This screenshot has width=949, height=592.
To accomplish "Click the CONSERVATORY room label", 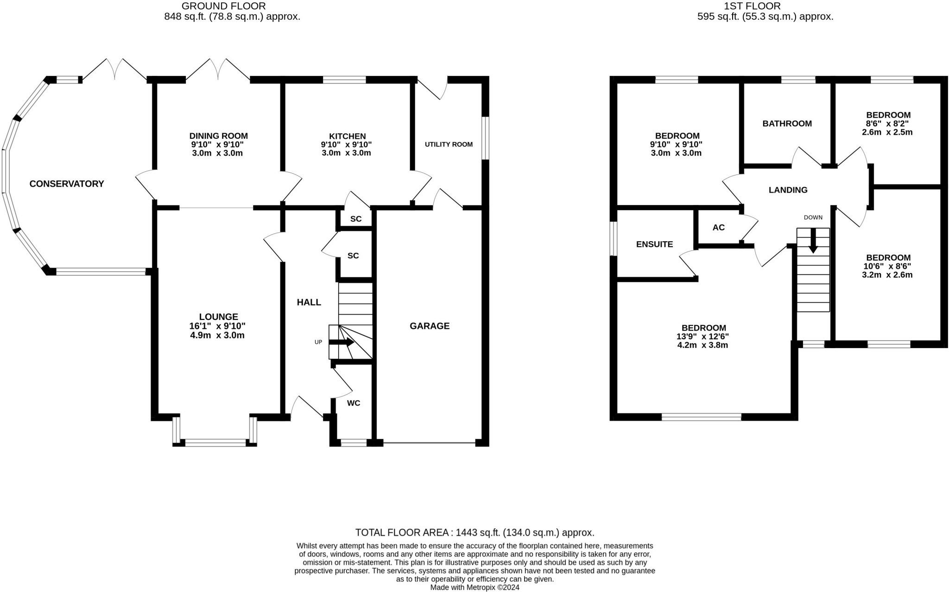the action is (67, 184).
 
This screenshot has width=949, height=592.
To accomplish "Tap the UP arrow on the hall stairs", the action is (342, 343).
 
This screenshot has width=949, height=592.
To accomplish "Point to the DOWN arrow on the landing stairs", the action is (813, 241).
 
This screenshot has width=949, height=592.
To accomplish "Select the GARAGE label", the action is (430, 326).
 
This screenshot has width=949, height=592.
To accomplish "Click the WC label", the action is (354, 403).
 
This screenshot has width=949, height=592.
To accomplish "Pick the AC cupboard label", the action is (718, 227).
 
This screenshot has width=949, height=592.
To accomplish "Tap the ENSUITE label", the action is (654, 244).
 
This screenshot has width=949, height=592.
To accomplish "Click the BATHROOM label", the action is (787, 124).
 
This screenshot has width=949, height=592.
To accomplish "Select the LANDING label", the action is (788, 190).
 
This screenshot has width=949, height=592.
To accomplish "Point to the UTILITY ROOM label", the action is (449, 144).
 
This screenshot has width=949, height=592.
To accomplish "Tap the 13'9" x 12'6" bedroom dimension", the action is (702, 337).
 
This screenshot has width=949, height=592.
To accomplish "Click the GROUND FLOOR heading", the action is (224, 6).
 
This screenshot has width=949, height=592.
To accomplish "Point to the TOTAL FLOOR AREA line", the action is (474, 532).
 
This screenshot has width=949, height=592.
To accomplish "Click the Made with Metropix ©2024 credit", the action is (474, 587).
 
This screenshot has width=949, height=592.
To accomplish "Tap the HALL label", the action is (309, 302).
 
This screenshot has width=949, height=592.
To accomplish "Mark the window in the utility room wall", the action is (485, 138).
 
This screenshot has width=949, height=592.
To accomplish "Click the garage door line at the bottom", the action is (429, 443).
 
